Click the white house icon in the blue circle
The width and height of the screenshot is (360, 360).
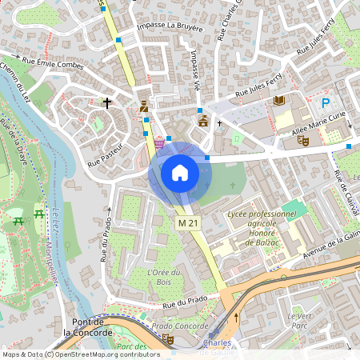(180, 173)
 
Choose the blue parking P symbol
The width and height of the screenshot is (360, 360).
(326, 102)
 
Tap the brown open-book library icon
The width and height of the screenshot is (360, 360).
(278, 100)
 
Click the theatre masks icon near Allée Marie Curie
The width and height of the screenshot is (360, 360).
(303, 140)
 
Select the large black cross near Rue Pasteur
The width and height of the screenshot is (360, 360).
(107, 102)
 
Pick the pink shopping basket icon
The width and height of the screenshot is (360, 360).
(159, 142)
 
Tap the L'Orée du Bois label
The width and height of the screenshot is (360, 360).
(164, 277)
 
